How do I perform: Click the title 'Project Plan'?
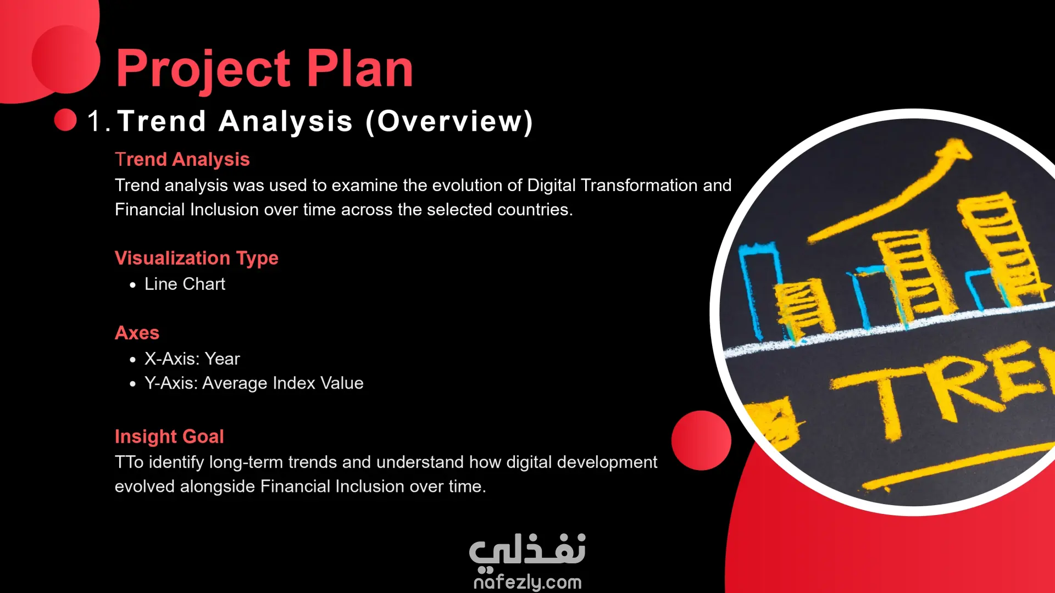(x=264, y=69)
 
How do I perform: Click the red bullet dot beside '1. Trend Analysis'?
(x=65, y=120)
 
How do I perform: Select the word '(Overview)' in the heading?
(x=449, y=121)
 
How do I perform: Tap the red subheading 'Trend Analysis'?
(x=182, y=159)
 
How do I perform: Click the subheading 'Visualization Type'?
(x=197, y=258)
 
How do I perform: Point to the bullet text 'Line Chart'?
(x=185, y=284)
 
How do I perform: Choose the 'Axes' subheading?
(x=137, y=333)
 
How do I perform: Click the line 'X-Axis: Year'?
(x=192, y=359)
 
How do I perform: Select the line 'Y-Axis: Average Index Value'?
(x=254, y=383)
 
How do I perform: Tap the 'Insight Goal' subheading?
(x=169, y=437)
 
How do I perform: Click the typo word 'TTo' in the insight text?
(x=129, y=462)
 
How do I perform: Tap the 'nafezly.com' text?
(x=527, y=581)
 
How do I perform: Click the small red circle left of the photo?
(x=701, y=440)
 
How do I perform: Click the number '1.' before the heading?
(x=99, y=121)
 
